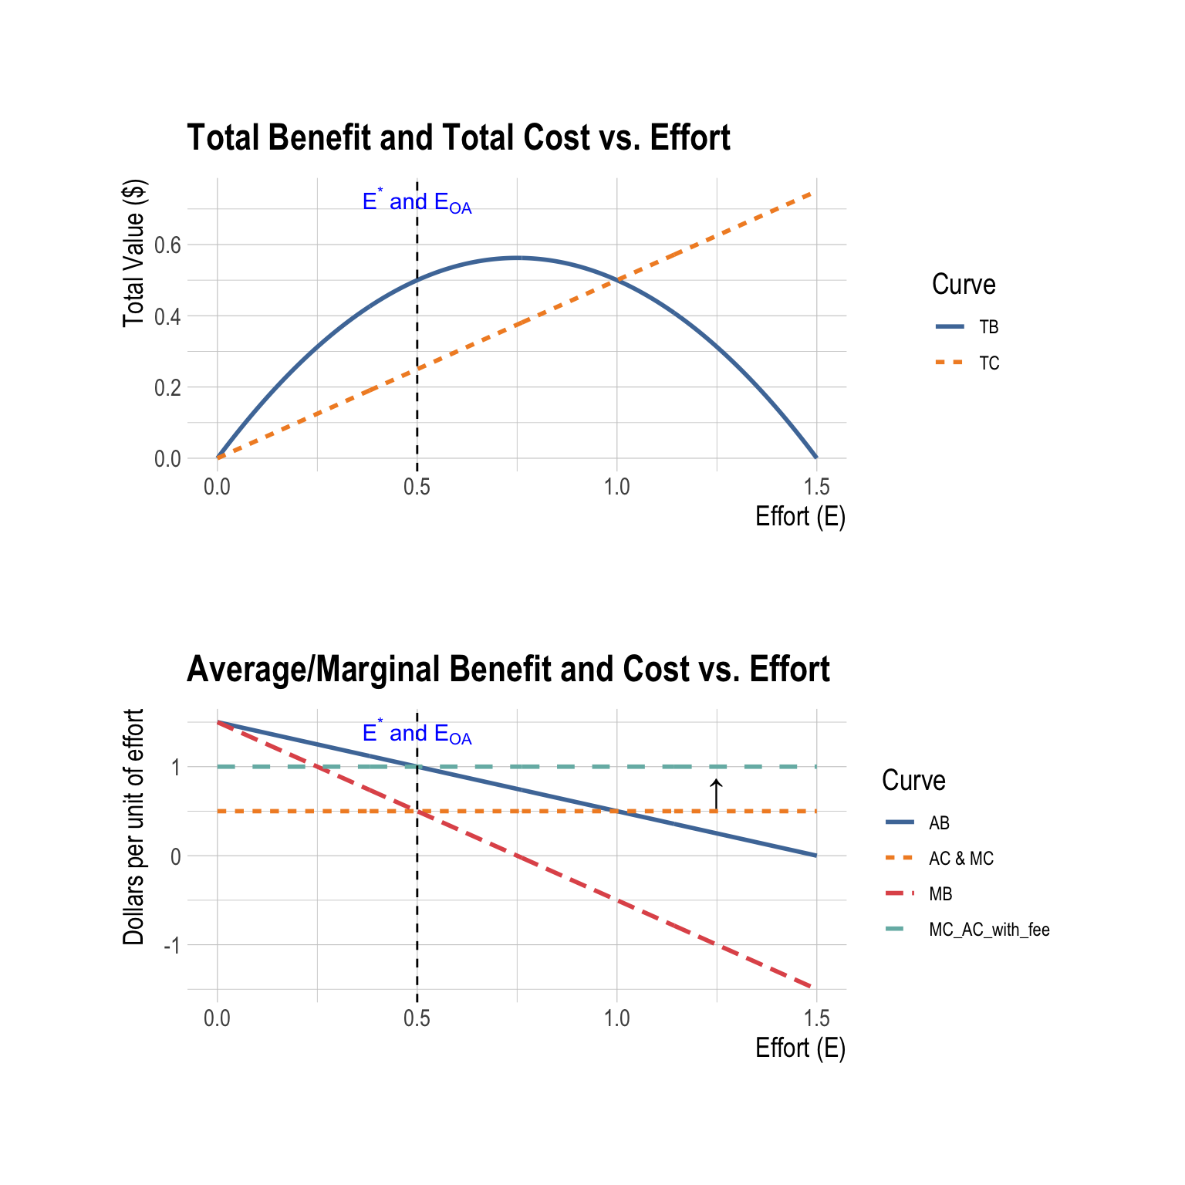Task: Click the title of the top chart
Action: [458, 138]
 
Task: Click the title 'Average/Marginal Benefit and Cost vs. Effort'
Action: [508, 670]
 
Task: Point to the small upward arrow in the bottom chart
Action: [716, 794]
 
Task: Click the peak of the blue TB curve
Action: [517, 258]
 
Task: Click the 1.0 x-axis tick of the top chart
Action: [616, 487]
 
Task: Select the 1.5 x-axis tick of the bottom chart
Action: [816, 1019]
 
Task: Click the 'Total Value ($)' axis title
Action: [133, 253]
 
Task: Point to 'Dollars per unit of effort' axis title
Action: [133, 826]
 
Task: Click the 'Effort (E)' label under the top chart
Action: [800, 517]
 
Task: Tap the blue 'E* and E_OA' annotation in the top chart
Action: [417, 202]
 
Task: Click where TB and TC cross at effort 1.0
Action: [616, 280]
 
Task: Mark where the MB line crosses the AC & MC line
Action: [417, 811]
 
